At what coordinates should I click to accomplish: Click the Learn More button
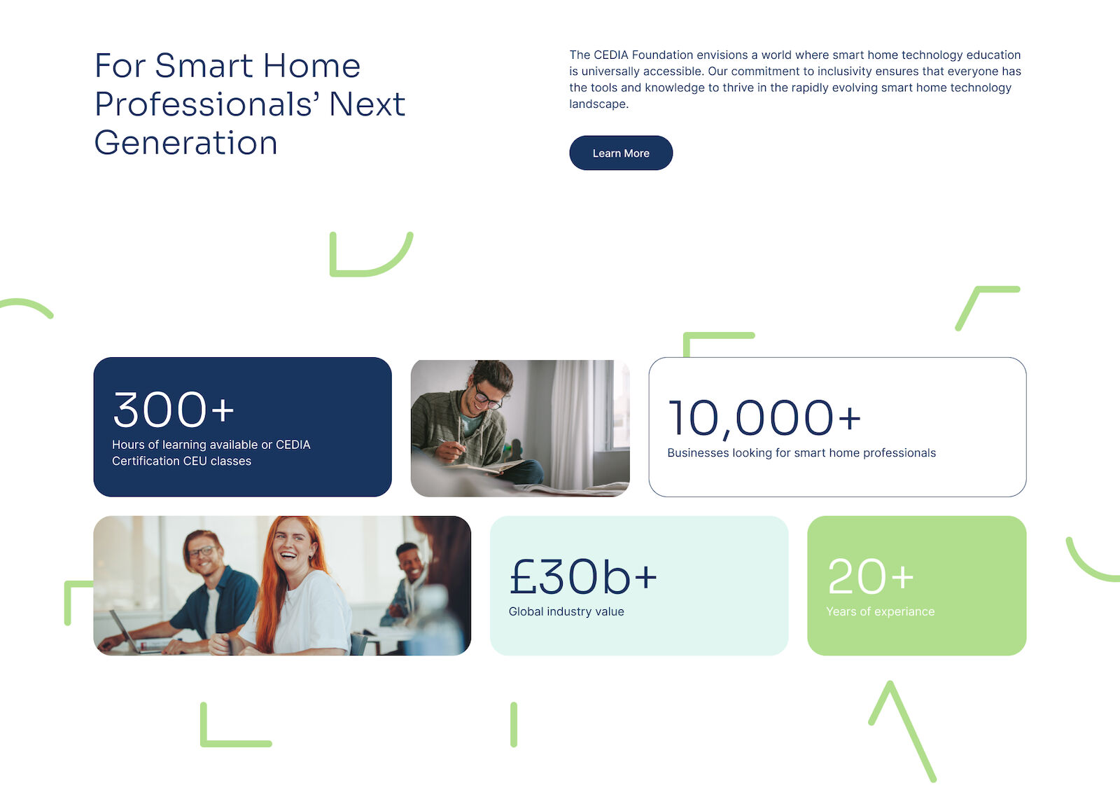coord(621,153)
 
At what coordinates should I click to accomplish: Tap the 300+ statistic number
coord(174,410)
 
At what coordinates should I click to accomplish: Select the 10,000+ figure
coord(764,418)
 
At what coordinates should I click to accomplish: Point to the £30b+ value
coord(583,577)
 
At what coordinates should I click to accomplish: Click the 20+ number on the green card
coord(871,576)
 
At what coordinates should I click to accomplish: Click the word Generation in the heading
coord(185,143)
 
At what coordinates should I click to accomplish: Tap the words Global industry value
coord(566,611)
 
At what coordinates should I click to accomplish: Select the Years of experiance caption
coord(880,611)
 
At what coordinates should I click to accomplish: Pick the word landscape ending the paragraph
coord(597,104)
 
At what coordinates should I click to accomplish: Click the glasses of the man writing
coord(487,397)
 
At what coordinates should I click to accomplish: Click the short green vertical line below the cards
coord(514,724)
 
